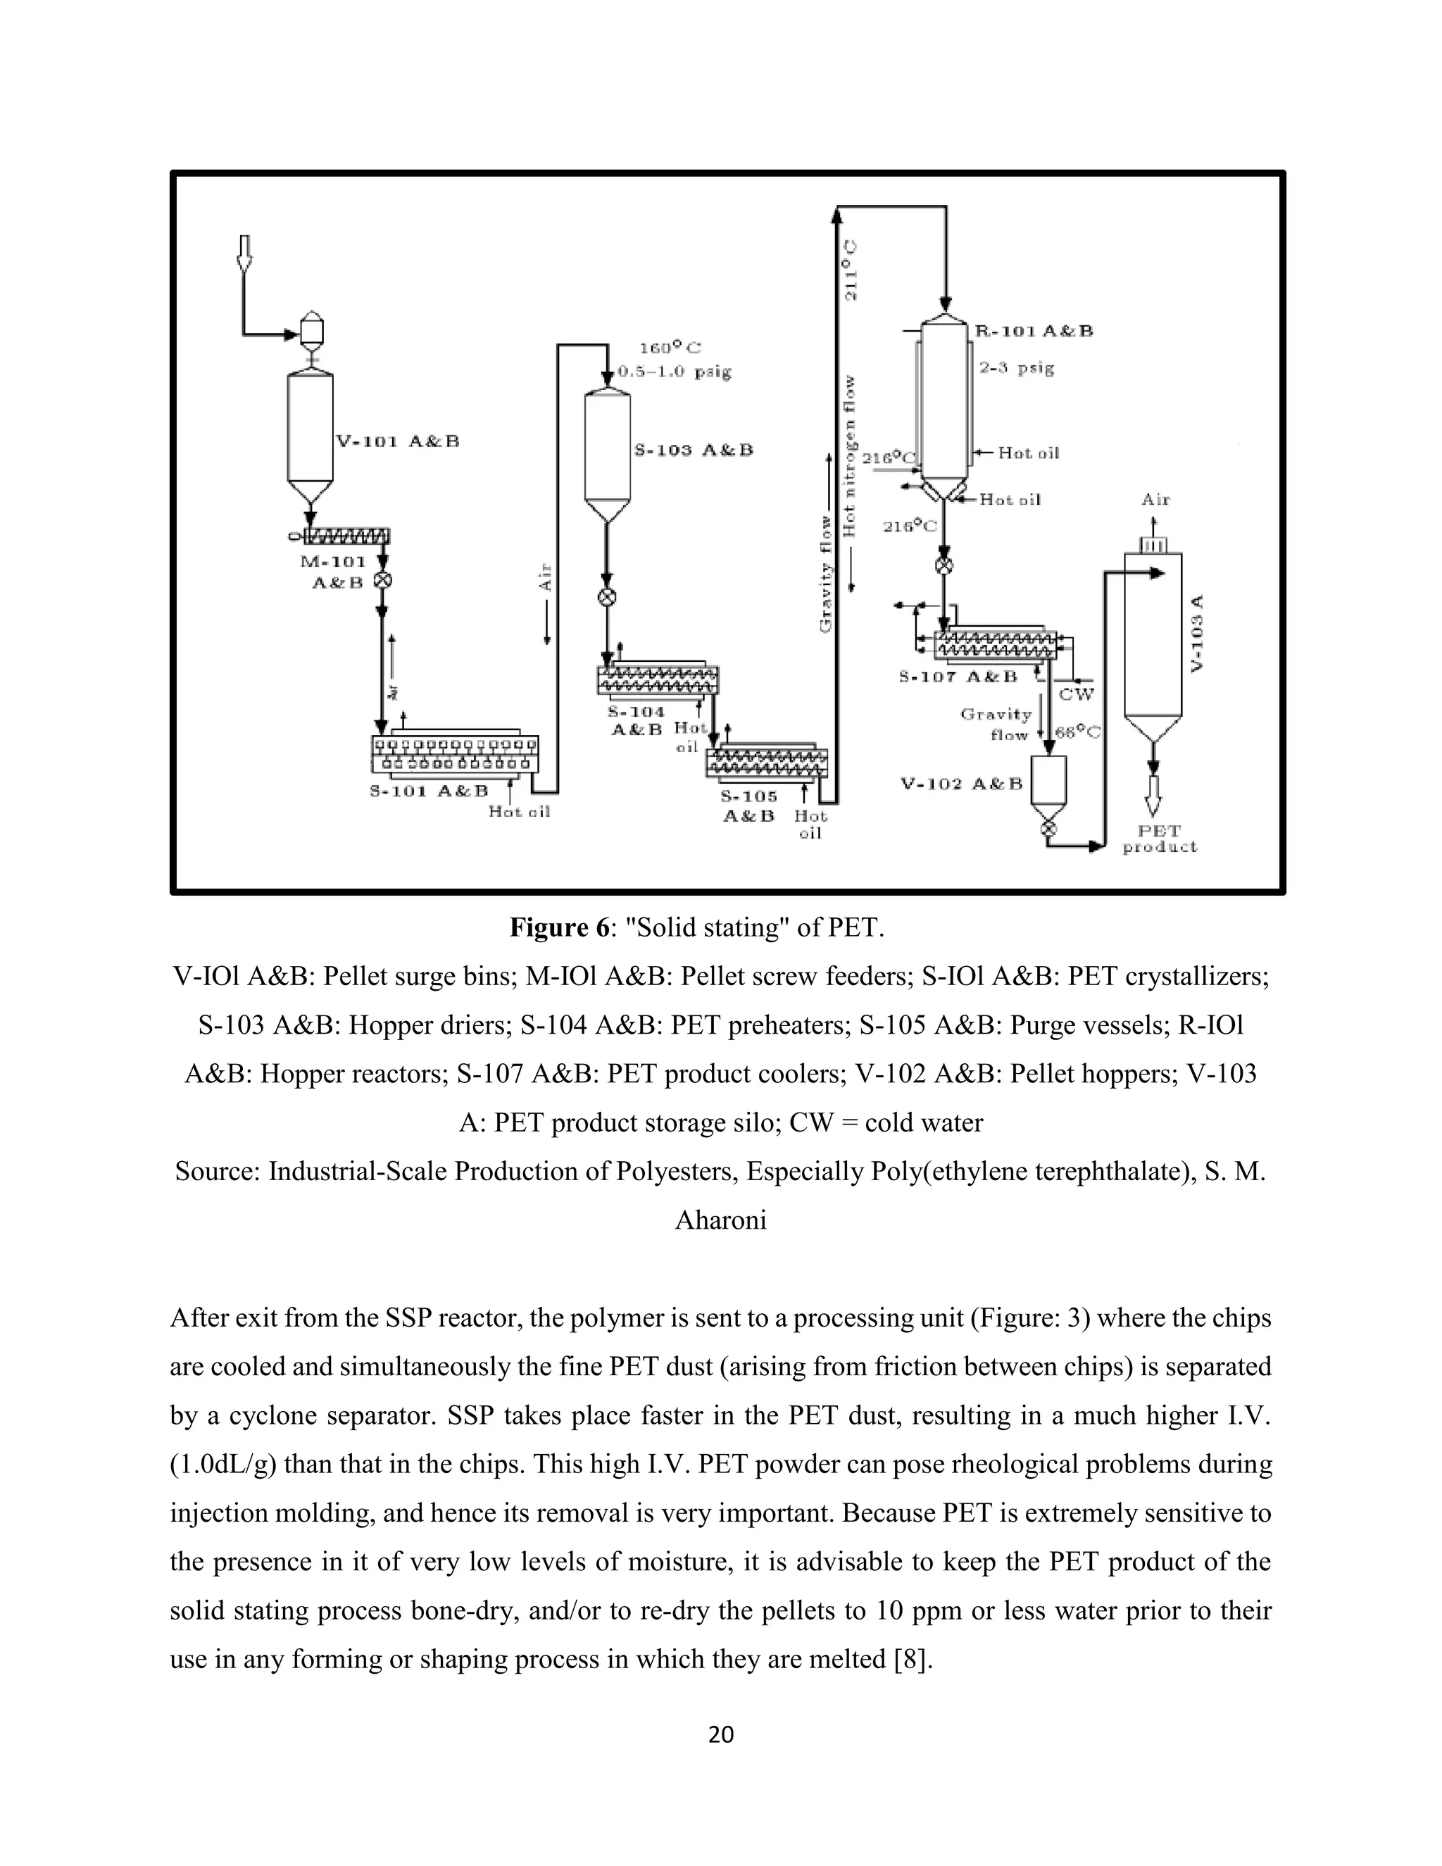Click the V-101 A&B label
click(x=397, y=442)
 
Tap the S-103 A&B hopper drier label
click(x=694, y=450)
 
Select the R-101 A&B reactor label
click(x=1034, y=331)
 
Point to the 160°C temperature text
click(x=670, y=348)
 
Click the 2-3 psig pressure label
click(x=1017, y=368)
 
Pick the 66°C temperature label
click(x=1077, y=732)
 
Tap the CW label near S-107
click(x=1076, y=694)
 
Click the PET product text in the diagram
click(x=1159, y=839)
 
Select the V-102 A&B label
click(x=961, y=784)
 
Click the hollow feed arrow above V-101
click(x=244, y=253)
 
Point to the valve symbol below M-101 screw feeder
click(x=383, y=580)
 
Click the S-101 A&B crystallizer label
click(x=428, y=791)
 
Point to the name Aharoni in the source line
click(x=720, y=1220)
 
